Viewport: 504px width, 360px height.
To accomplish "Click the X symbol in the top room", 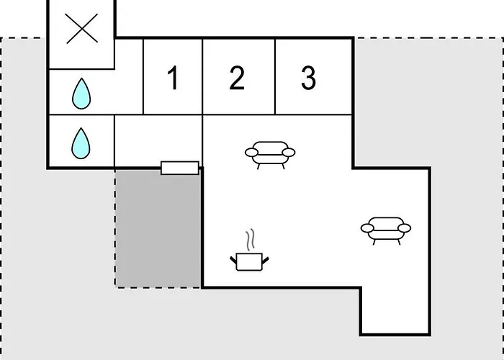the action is coord(82,28).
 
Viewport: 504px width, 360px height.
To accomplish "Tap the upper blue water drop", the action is coord(81,94).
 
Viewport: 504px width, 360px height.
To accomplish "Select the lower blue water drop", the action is coord(81,144).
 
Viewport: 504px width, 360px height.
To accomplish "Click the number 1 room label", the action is coord(174,78).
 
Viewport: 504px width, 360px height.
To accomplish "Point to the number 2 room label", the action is coord(237,78).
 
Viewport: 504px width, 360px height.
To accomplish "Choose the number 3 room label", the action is coord(309,78).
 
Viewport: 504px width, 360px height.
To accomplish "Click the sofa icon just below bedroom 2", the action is coord(270,155).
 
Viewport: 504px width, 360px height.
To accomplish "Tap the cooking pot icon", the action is coord(249,261).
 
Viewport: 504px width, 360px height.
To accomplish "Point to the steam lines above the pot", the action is coord(250,240).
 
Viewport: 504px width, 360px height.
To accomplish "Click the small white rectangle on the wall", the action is coord(180,168).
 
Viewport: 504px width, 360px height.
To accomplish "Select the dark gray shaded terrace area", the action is coord(158,228).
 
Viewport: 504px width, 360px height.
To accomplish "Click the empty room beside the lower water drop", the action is coord(158,141).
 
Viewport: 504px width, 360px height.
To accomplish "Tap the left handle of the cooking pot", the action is coord(233,260).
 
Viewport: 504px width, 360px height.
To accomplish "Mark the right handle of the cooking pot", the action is coord(266,261).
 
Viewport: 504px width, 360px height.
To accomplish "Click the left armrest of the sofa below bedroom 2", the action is coord(252,153).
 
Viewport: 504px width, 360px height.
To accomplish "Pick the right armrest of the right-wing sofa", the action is coord(405,228).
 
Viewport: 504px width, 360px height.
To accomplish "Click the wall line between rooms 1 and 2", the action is coord(202,76).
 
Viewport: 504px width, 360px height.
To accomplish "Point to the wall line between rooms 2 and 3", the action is coord(275,76).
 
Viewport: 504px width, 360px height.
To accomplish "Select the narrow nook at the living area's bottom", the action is coord(395,310).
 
